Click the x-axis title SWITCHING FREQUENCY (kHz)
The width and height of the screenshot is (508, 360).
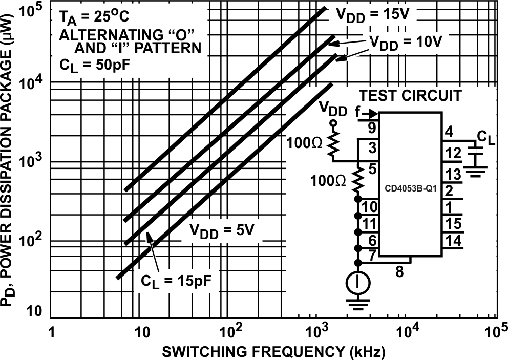pos(272,352)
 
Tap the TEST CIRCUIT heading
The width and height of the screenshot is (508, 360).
pos(410,96)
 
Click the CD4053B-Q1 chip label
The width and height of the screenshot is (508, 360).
pos(410,187)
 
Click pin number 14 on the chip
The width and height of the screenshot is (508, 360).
pos(453,241)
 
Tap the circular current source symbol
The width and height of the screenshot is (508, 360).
pos(358,282)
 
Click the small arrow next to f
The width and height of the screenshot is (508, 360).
pos(372,113)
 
